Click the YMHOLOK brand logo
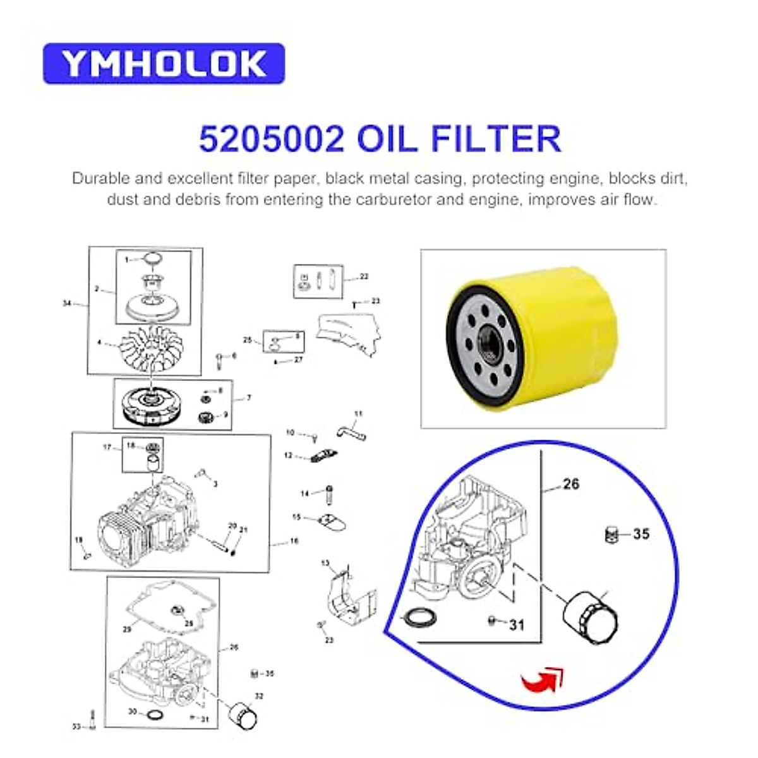click(x=164, y=64)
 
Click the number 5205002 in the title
click(x=272, y=140)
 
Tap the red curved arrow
click(x=542, y=679)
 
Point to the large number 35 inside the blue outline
click(x=641, y=534)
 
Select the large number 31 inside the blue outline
click(x=517, y=625)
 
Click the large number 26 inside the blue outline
click(x=570, y=484)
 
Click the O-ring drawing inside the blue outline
click(x=418, y=617)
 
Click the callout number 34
click(x=67, y=304)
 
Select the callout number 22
click(x=363, y=277)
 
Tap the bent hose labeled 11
click(x=351, y=430)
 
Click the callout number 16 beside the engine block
click(x=294, y=541)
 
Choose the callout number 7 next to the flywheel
click(x=249, y=398)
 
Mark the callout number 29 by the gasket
click(x=127, y=630)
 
